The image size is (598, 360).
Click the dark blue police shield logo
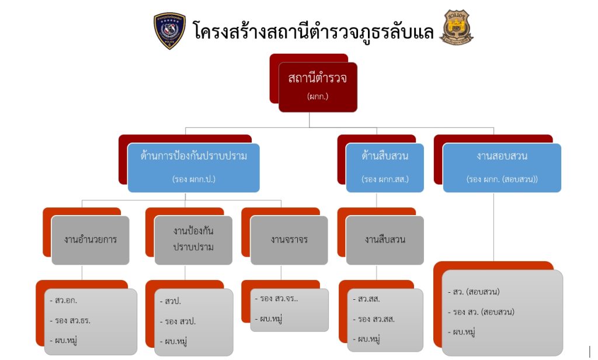tap(169, 30)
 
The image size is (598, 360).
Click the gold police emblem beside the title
tap(457, 27)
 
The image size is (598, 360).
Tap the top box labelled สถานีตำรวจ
tap(317, 86)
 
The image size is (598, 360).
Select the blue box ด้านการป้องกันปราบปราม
tap(193, 168)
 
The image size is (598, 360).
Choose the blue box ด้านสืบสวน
tap(385, 168)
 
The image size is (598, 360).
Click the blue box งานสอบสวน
tap(502, 168)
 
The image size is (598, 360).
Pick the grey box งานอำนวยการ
tap(90, 240)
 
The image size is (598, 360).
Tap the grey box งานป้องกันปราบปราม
tap(193, 239)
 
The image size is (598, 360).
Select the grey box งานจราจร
tap(289, 240)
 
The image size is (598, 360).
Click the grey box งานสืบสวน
tap(385, 240)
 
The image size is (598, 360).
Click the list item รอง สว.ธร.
tap(73, 320)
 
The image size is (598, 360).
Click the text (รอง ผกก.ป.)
tap(194, 179)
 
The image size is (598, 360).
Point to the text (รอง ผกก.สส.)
tap(385, 179)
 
